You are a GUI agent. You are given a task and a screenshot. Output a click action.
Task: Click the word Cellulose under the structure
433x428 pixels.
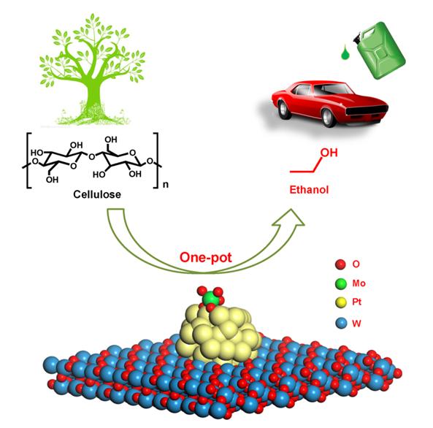click(97, 194)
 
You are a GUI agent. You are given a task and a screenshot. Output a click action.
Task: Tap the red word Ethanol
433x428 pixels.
click(309, 190)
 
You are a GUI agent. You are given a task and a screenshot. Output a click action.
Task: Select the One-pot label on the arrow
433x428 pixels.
click(206, 258)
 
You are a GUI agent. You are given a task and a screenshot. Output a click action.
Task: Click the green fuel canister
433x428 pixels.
click(380, 50)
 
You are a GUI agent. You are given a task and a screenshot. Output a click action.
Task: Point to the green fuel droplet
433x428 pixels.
click(345, 53)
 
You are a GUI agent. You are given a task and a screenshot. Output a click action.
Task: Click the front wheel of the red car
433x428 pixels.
click(328, 117)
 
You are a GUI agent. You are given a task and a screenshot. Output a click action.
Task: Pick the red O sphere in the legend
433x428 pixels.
click(340, 264)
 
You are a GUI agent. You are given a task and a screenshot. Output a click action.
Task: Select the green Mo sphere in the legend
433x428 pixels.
click(341, 283)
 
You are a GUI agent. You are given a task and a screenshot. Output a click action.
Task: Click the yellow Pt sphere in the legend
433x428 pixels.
click(341, 302)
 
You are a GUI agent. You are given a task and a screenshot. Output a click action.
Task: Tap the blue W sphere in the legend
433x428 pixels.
click(341, 323)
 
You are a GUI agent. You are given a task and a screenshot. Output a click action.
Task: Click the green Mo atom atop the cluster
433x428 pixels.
click(210, 299)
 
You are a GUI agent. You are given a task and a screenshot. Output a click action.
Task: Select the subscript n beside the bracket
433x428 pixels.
click(166, 185)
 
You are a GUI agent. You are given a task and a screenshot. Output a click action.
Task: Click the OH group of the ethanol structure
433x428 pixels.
click(329, 153)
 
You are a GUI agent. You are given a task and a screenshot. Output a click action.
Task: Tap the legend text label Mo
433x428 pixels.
click(359, 283)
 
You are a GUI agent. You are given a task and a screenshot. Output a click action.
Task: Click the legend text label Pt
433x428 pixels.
click(356, 302)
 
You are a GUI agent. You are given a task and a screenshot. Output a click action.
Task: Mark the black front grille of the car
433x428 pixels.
click(367, 110)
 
